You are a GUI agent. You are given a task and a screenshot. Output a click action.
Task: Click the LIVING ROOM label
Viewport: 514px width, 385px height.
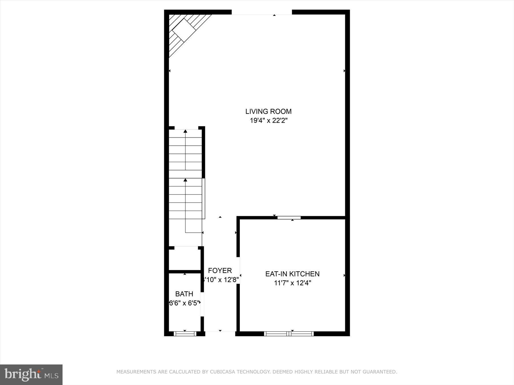coord(268,111)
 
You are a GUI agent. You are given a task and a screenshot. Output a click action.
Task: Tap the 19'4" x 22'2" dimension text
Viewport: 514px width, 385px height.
coord(268,121)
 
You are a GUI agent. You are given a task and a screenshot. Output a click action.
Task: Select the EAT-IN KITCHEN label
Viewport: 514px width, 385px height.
coord(292,274)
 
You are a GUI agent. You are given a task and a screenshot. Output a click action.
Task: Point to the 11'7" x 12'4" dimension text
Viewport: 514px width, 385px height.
coord(292,283)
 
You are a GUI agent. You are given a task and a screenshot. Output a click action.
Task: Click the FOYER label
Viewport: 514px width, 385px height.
coord(220,270)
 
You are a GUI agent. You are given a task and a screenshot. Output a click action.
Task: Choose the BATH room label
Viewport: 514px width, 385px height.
coord(184,294)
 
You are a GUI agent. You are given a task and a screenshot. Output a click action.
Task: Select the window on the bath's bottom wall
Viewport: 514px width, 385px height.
coord(185,334)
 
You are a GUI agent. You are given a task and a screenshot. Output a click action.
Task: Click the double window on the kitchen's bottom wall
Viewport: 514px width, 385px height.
coord(289,334)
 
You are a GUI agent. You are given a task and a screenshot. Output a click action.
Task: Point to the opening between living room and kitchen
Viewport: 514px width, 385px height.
coord(289,218)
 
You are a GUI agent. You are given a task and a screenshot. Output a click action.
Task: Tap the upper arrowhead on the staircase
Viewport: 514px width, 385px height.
coord(185,131)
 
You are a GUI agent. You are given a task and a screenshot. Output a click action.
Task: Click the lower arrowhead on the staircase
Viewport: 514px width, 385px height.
coord(185,180)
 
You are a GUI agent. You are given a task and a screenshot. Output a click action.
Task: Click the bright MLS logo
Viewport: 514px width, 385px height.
coord(31,374)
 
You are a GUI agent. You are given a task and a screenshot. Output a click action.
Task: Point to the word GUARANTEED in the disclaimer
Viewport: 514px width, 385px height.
coord(380,372)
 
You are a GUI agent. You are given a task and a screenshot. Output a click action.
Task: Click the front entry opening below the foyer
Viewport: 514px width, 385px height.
coord(220,332)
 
